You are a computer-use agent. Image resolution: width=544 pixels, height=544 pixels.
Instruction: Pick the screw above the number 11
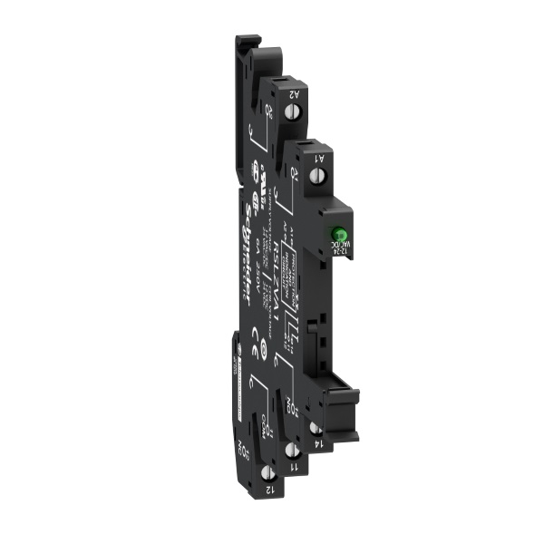click(x=292, y=449)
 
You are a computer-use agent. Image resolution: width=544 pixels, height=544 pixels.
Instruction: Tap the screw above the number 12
click(x=267, y=472)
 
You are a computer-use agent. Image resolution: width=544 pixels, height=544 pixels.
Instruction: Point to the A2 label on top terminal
click(x=296, y=91)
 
